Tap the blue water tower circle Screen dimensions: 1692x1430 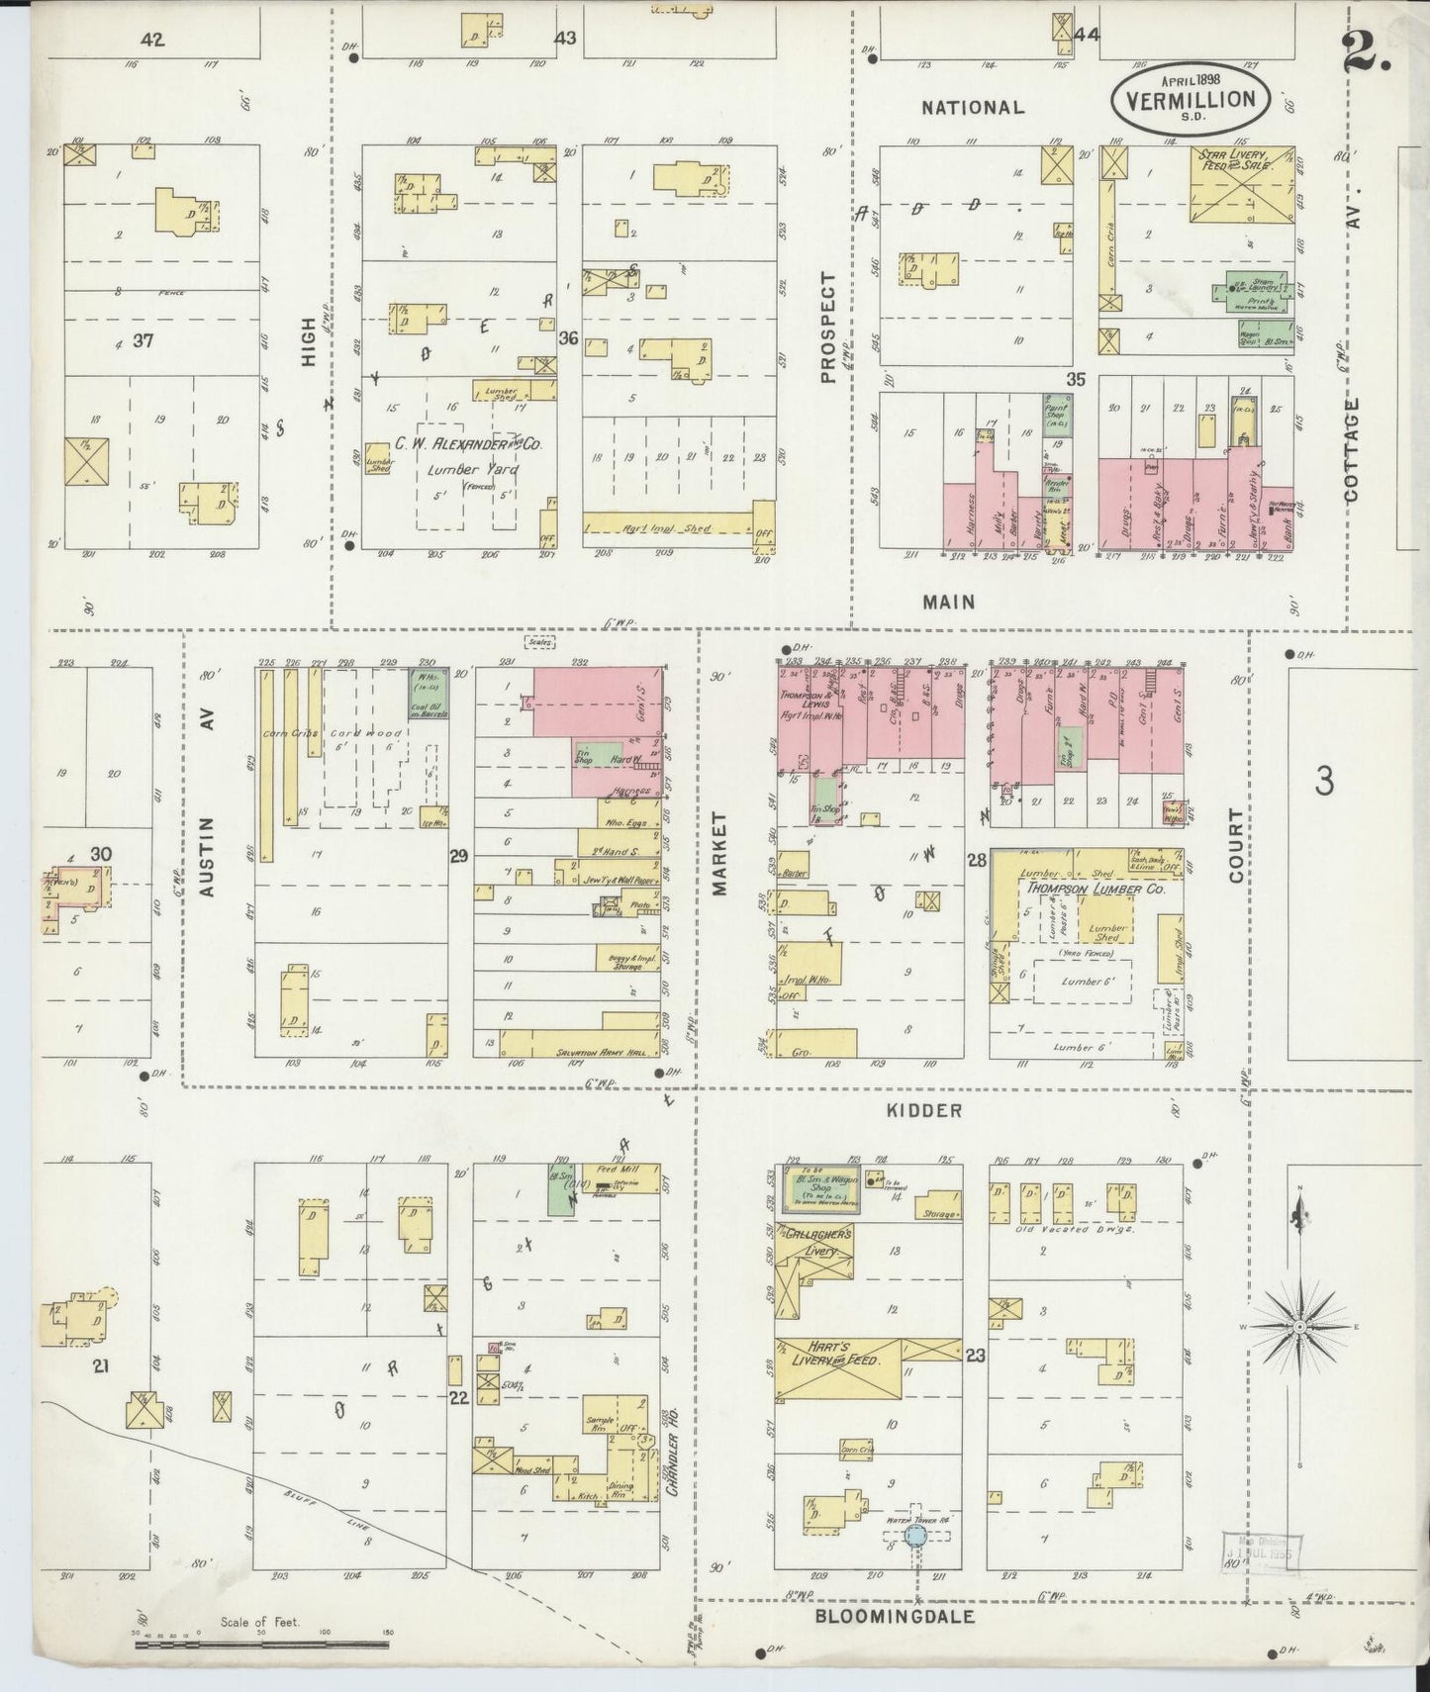coord(915,1563)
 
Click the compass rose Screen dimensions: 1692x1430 coord(1299,1325)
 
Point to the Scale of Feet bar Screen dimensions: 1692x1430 coord(261,1645)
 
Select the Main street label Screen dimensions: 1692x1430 coord(948,601)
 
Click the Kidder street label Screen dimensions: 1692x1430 coord(923,1110)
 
